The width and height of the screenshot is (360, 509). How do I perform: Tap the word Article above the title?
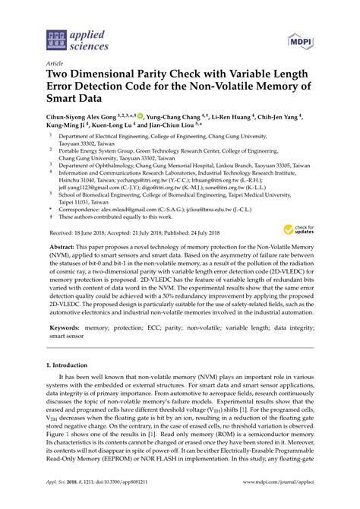click(x=55, y=65)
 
